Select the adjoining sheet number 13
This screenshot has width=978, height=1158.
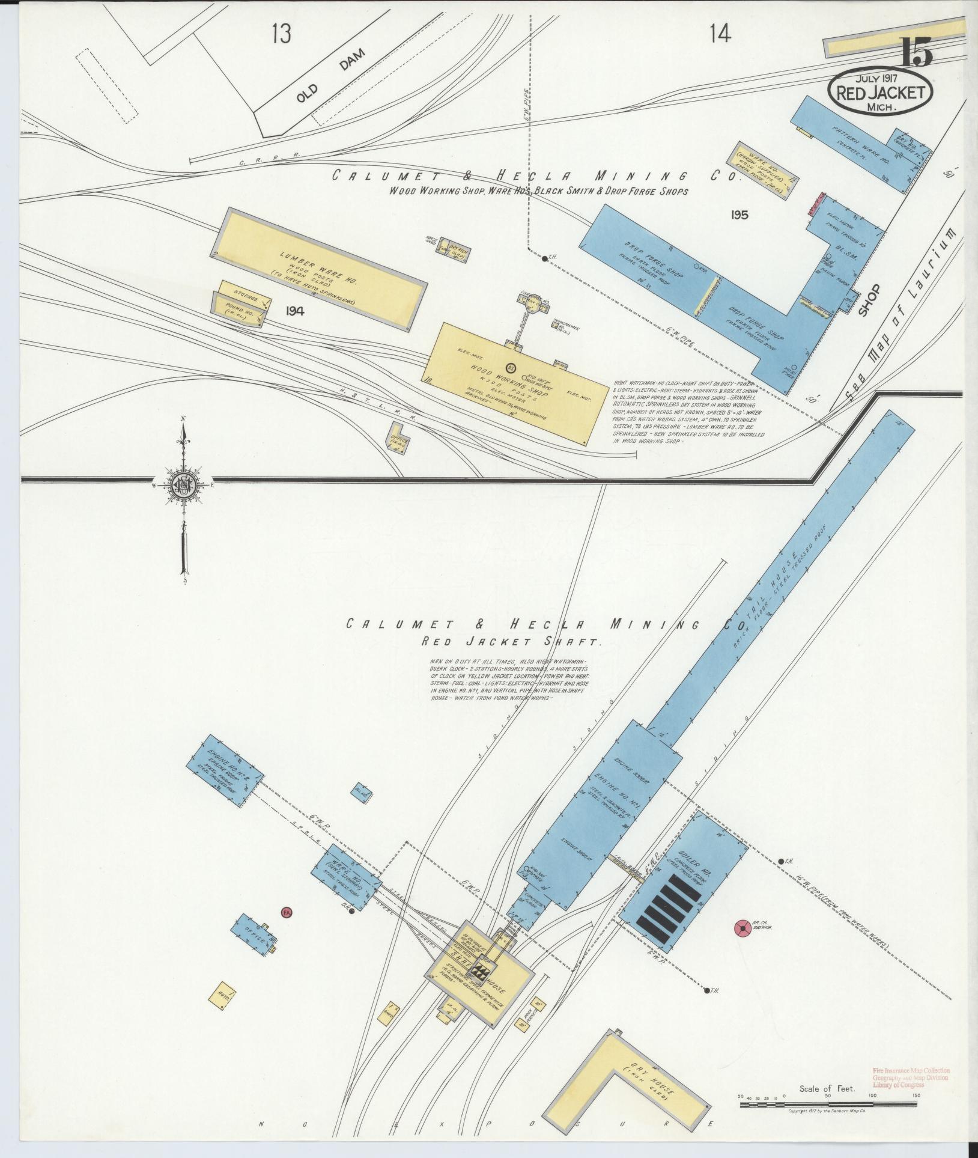click(281, 34)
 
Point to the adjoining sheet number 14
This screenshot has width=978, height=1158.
click(719, 34)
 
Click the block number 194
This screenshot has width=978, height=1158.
click(295, 311)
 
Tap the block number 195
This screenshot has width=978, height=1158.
click(740, 215)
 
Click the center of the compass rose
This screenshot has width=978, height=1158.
click(183, 481)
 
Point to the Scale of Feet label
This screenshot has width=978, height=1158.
click(827, 1089)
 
